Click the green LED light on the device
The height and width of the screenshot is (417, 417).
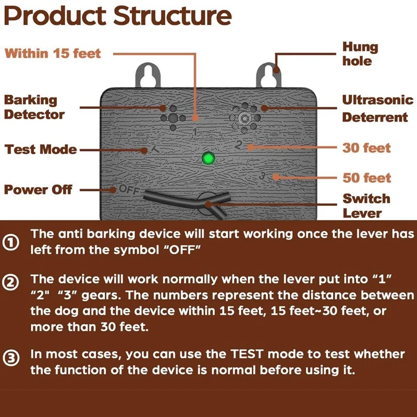tap(208, 157)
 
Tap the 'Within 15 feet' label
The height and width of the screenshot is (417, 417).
tap(53, 54)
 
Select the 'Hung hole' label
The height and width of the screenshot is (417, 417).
tap(360, 54)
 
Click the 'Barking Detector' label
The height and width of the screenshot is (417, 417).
tap(34, 107)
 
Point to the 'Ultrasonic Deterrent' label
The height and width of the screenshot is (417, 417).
tap(375, 108)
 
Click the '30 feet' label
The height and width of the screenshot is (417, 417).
tap(366, 148)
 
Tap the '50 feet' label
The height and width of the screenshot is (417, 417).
tap(366, 178)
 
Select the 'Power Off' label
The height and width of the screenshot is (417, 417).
tap(39, 190)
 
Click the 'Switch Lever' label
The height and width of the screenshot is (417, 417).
tap(366, 206)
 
